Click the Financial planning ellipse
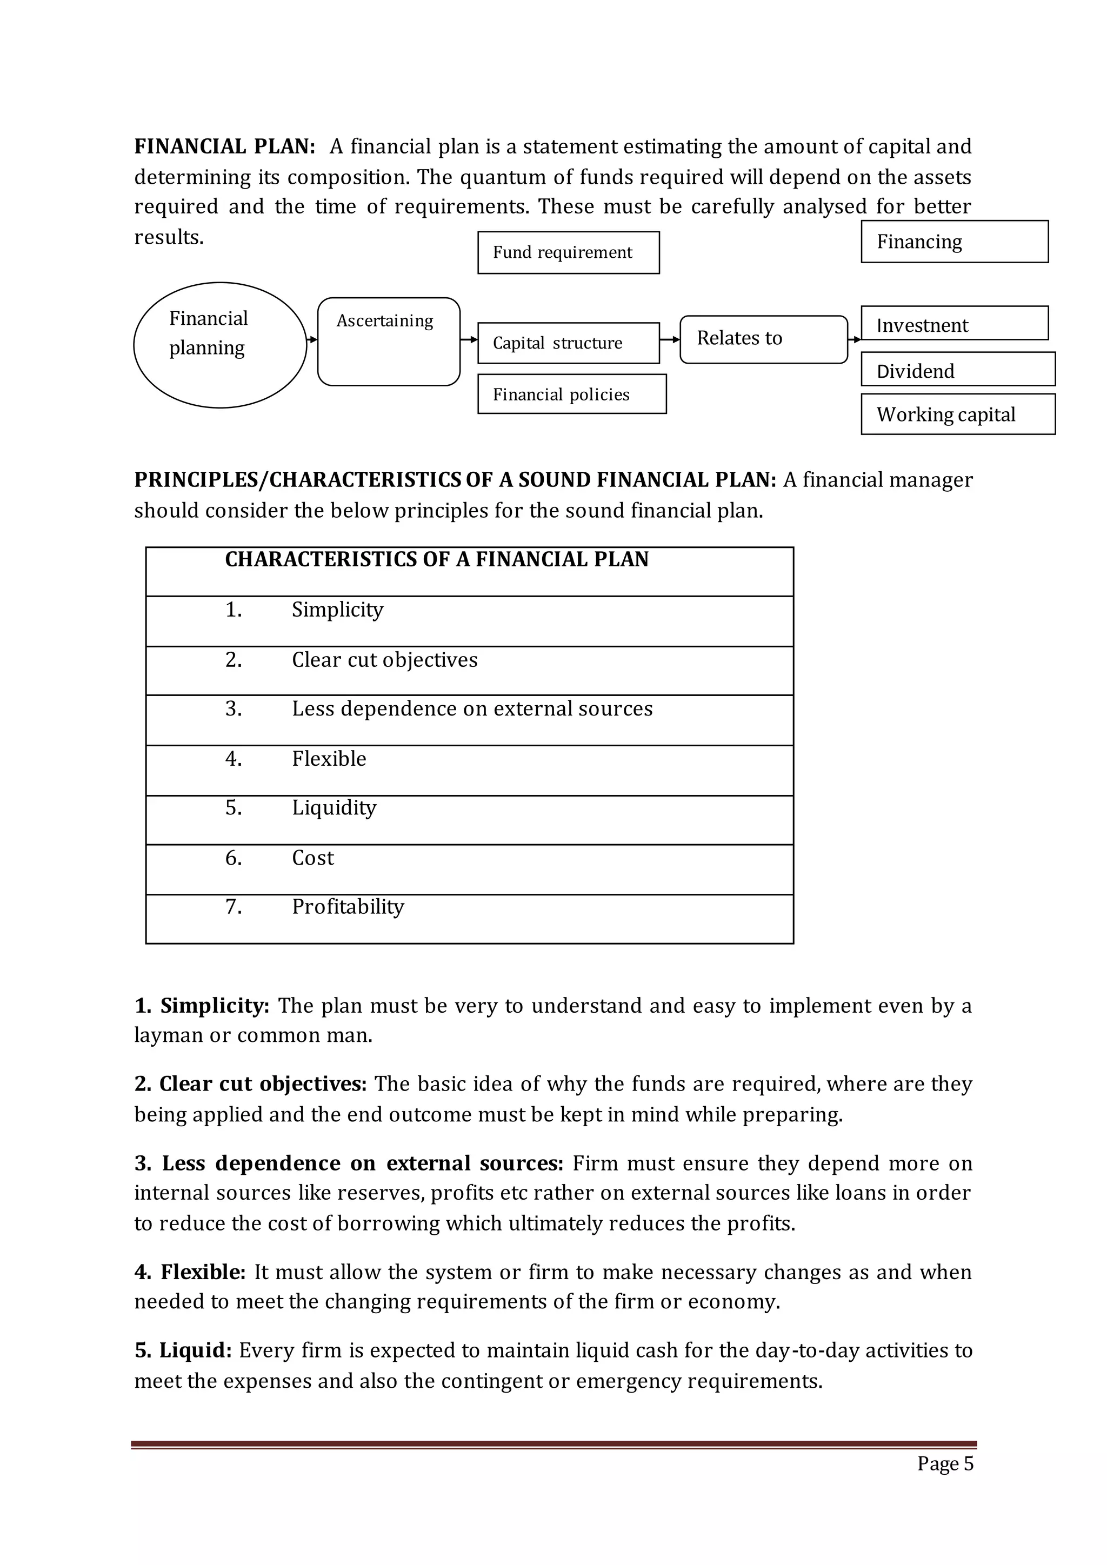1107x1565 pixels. coord(219,345)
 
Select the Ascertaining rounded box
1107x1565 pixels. coord(389,341)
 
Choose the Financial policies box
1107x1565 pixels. coord(571,394)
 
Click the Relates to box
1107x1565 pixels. coord(763,339)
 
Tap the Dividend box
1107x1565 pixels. coord(957,370)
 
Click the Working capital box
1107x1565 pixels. coord(957,414)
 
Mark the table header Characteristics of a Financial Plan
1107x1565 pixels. coord(436,560)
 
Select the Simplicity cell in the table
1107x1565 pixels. coord(337,610)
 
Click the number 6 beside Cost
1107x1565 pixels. coord(233,858)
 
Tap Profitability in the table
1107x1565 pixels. coord(348,907)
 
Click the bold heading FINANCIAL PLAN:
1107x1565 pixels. coord(224,146)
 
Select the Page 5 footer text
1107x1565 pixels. coord(945,1463)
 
